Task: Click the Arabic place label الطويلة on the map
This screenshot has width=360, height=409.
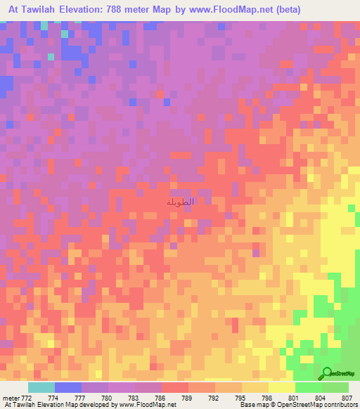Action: [180, 202]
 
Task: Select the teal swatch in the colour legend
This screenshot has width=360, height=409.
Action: [41, 387]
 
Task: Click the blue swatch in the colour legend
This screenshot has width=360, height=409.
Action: [68, 387]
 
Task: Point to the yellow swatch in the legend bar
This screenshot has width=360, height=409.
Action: [282, 387]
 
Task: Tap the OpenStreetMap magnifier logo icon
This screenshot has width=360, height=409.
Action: [328, 373]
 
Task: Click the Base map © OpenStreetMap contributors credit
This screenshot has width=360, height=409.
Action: [297, 405]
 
